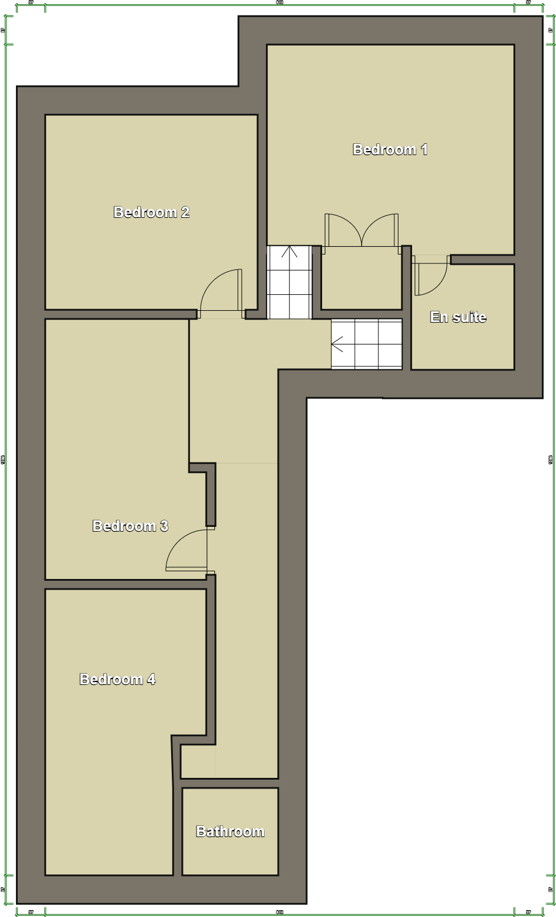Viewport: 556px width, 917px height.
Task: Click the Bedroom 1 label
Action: tap(390, 150)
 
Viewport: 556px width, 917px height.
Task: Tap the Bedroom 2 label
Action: tap(151, 213)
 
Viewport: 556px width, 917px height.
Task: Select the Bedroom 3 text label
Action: tap(130, 526)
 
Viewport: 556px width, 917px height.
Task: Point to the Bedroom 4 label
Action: tap(117, 680)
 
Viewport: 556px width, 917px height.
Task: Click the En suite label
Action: tap(458, 317)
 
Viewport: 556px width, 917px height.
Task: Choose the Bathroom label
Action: tap(230, 832)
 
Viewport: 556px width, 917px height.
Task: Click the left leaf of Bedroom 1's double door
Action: tap(342, 231)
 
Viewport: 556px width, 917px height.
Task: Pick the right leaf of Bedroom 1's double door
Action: tap(381, 231)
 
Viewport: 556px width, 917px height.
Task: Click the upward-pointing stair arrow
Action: tap(289, 251)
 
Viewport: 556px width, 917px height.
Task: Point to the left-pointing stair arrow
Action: tap(338, 343)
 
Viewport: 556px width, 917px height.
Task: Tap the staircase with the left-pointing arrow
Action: tap(367, 344)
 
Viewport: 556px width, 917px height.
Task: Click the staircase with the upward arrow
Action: tap(290, 282)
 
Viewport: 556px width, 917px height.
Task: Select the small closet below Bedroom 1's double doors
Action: tap(361, 278)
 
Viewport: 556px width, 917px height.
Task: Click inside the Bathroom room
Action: tap(230, 852)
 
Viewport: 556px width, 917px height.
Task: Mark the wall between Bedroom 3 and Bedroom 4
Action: tap(126, 584)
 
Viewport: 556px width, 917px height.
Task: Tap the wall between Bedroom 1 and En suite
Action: tap(482, 259)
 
